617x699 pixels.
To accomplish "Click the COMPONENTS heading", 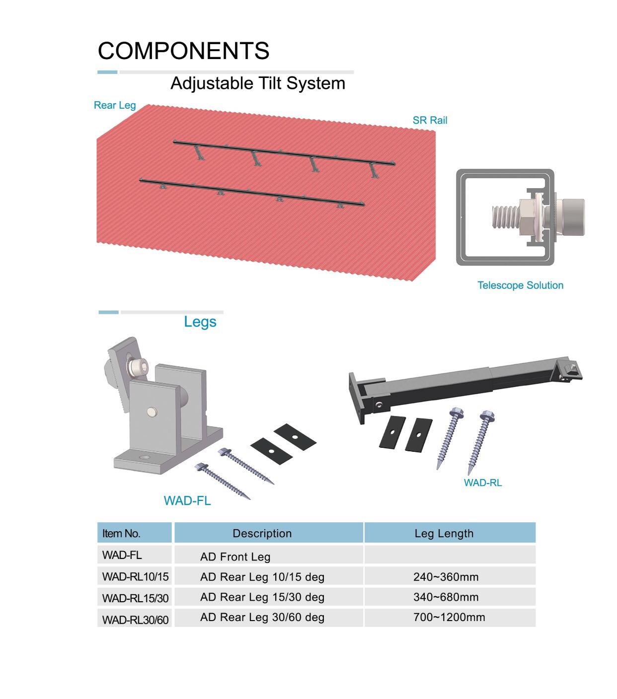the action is [x=183, y=51].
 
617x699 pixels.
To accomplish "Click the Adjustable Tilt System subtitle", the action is [x=258, y=83].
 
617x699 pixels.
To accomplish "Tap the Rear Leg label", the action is [x=115, y=105].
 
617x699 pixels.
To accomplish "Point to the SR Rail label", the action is [x=430, y=120].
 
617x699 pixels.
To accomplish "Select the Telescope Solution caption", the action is [x=520, y=285].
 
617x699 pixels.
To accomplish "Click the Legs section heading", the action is [x=200, y=322].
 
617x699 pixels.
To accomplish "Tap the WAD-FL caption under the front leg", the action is [x=187, y=500].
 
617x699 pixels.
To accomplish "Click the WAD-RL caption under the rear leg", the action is [x=483, y=483].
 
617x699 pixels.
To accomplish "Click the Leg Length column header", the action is [x=444, y=533].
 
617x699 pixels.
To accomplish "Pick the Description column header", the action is [x=262, y=533].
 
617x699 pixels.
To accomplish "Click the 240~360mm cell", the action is [x=446, y=577].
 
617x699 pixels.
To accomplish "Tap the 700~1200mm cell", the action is [x=449, y=617].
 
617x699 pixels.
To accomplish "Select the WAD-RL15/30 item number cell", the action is [x=135, y=598].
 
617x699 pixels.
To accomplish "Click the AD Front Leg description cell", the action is [x=235, y=557].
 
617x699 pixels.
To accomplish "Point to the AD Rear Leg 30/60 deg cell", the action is [x=262, y=617].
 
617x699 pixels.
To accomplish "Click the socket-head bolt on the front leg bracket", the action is [x=139, y=367].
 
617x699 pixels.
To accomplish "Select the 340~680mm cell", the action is [x=446, y=597].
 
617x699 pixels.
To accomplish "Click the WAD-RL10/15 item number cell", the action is [x=135, y=577].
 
